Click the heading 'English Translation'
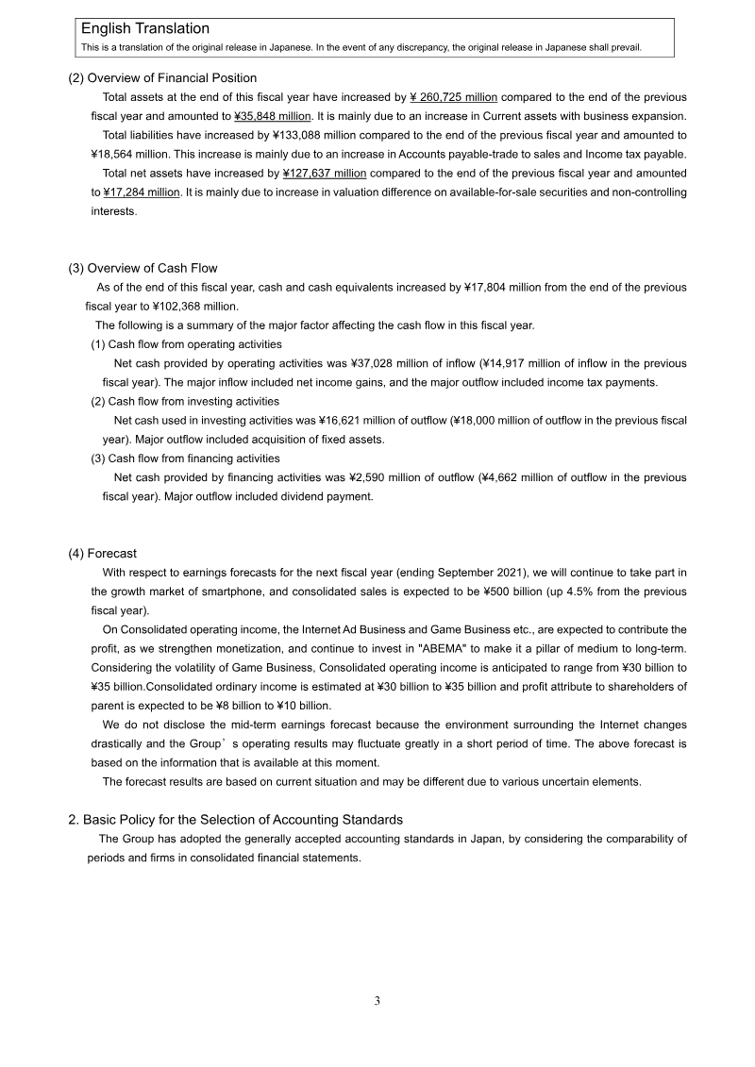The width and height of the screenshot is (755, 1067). point(145,29)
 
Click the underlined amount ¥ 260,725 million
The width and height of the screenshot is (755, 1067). point(454,97)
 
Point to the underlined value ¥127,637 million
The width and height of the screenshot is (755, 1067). point(325,174)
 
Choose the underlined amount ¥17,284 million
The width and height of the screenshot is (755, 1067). point(142,192)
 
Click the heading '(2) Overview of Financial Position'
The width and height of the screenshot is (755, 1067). point(162,78)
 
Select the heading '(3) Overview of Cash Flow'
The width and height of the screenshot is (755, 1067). point(143,268)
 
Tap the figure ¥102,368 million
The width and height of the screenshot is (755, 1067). point(193,306)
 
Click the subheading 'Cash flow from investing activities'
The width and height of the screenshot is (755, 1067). point(194,401)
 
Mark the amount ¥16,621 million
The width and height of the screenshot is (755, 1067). point(367,420)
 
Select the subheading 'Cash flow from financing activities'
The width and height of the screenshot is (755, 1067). point(194,458)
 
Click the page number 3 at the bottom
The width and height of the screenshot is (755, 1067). point(377,1001)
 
